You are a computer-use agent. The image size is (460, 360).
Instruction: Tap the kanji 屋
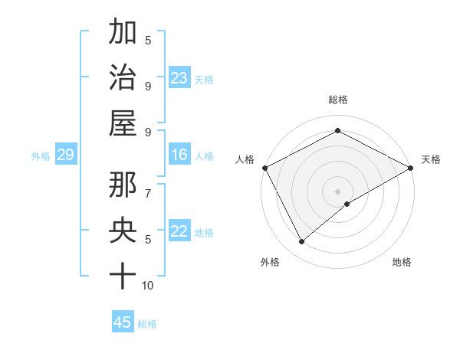tap(123, 123)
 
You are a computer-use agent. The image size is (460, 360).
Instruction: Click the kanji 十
tap(123, 275)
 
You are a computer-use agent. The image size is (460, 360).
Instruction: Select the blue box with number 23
tap(179, 78)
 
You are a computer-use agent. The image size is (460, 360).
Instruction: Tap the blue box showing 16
tap(179, 155)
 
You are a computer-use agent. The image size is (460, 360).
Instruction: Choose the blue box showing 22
tap(179, 232)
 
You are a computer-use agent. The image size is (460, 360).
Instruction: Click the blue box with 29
tap(65, 155)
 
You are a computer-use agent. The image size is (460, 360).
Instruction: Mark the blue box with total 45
tap(123, 322)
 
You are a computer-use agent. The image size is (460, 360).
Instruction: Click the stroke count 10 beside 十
tap(148, 286)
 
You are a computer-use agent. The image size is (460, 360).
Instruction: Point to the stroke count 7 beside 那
tap(148, 186)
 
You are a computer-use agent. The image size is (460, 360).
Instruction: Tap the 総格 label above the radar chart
tap(337, 100)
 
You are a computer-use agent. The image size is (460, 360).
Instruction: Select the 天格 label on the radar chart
tap(431, 159)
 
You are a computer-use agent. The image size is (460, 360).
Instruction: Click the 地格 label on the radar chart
tap(402, 263)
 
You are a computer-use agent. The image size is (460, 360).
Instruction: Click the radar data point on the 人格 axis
tap(264, 168)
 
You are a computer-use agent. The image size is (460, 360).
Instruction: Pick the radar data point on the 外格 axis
tap(302, 242)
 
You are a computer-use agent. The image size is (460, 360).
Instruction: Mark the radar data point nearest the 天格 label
tap(411, 168)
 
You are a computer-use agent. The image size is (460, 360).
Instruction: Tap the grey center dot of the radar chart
tap(337, 191)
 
